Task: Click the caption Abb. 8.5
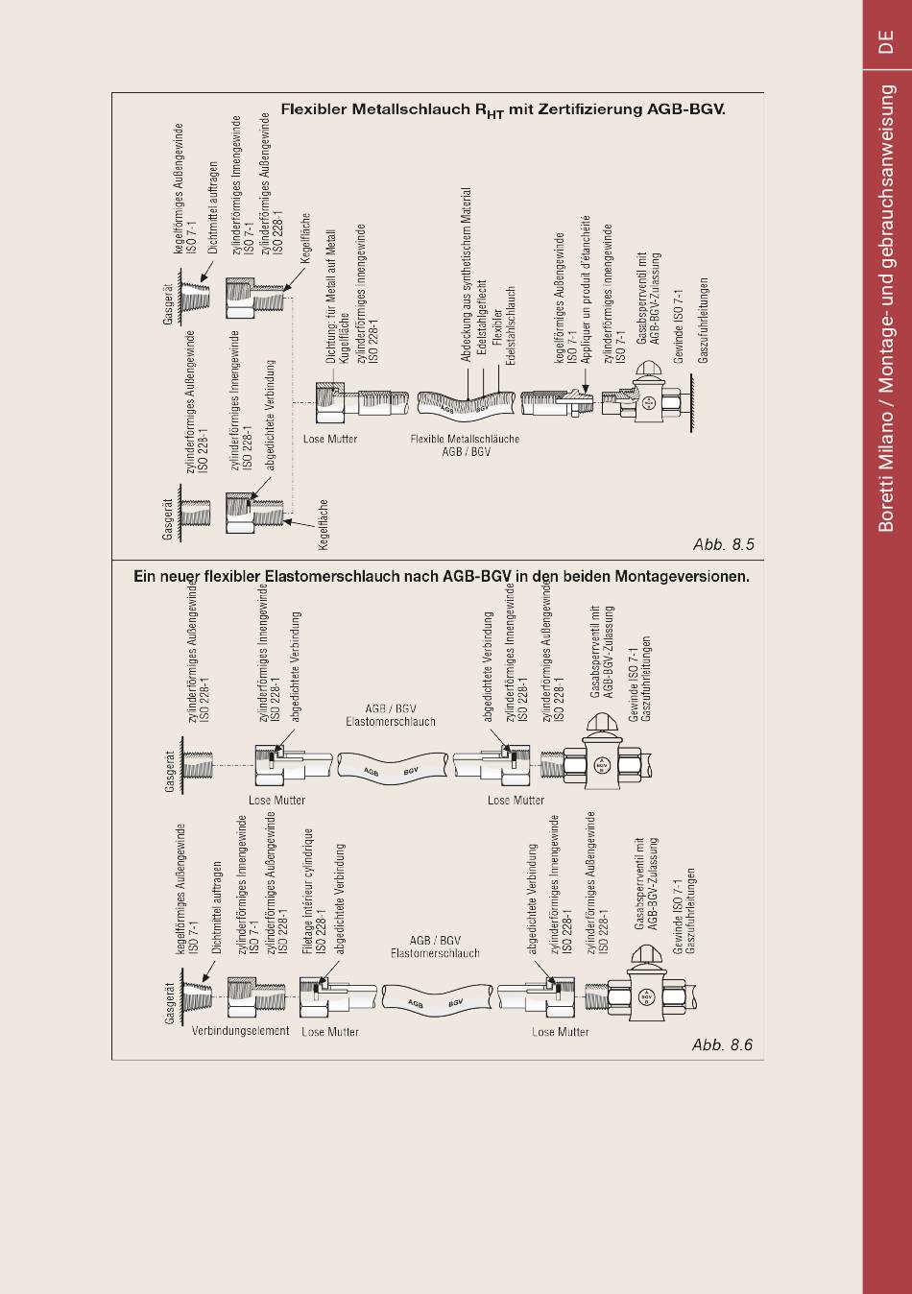click(723, 544)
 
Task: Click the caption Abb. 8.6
click(722, 1044)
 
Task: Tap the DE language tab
click(886, 41)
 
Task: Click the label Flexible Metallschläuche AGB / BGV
click(465, 444)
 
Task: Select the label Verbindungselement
click(240, 1031)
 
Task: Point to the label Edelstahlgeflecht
click(482, 322)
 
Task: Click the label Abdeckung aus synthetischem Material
click(466, 275)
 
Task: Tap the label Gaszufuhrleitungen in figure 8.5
click(703, 321)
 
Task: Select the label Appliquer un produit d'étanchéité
click(586, 289)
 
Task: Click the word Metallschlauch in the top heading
click(411, 109)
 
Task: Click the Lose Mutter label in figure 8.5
click(330, 439)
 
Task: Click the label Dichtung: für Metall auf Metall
click(330, 297)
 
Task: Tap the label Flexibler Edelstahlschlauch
click(503, 325)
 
